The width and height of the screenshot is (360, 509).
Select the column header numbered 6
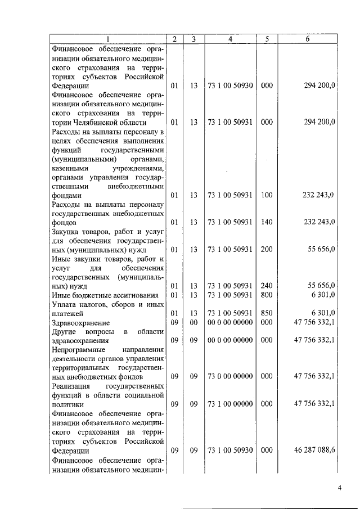pyautogui.click(x=308, y=39)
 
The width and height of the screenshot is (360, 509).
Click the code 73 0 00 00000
pyautogui.click(x=230, y=376)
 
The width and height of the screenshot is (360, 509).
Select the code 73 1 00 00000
pyautogui.click(x=230, y=404)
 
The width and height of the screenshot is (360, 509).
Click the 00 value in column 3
pyautogui.click(x=193, y=322)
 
